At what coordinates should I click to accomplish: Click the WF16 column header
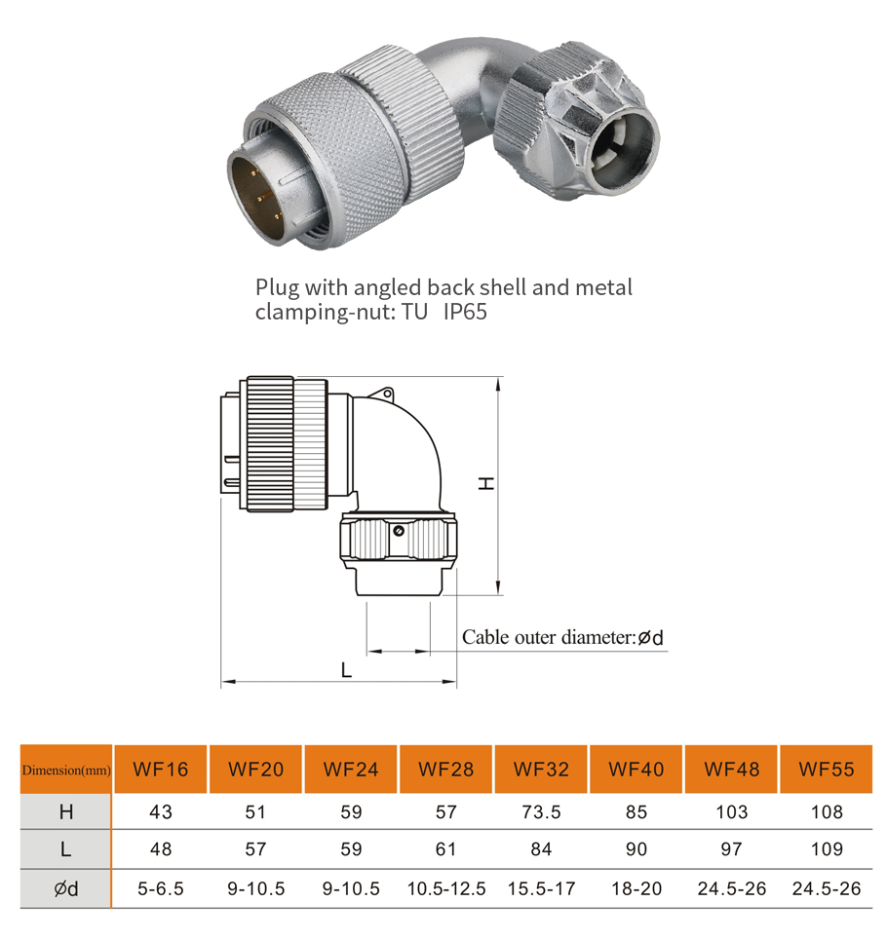tap(160, 770)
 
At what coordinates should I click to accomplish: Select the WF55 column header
tap(826, 770)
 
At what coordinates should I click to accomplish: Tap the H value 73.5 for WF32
tap(541, 812)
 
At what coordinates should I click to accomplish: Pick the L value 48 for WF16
tap(160, 849)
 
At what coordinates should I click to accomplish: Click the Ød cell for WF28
tap(446, 888)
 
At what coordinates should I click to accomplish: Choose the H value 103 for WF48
tap(732, 812)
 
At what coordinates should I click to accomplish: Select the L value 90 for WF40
tap(636, 849)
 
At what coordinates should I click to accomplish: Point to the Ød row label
tap(66, 888)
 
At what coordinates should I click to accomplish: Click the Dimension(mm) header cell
tap(66, 770)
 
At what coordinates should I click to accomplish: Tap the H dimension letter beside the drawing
tap(486, 483)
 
